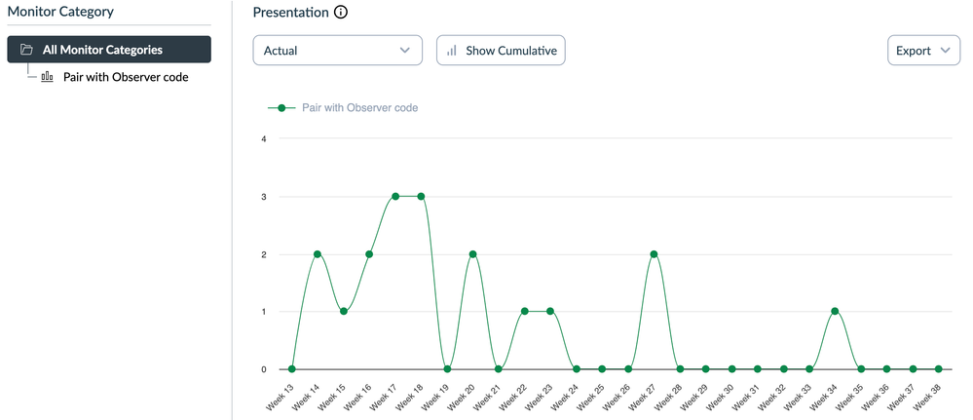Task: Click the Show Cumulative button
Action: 501,51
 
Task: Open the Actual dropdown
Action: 337,51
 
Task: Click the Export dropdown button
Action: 923,51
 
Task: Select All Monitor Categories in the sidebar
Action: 109,50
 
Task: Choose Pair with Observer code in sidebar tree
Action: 131,77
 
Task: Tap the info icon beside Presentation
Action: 340,13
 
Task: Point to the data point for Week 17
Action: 395,196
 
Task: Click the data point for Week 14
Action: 318,253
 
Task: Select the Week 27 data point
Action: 654,253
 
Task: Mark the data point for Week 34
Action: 835,311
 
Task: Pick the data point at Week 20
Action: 472,253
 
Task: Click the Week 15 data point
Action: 344,311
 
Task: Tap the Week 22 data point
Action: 524,311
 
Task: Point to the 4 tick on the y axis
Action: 263,138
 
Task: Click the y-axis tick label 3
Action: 263,196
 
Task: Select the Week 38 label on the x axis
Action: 929,396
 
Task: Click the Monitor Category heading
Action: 60,12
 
